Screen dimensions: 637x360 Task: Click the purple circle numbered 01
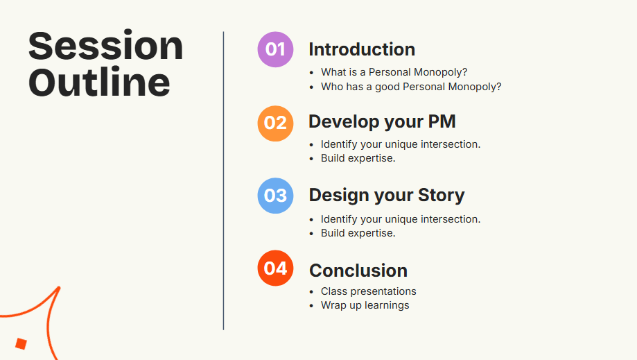point(275,49)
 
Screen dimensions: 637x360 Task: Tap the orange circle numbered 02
point(275,123)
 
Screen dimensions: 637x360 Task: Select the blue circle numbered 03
point(275,196)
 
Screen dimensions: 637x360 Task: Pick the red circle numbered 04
point(275,268)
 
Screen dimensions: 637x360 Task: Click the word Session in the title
point(105,46)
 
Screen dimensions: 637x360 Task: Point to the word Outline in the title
point(99,82)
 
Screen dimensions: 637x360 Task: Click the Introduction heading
point(362,49)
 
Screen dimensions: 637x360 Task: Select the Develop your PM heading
point(383,122)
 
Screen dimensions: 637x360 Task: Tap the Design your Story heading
point(387,195)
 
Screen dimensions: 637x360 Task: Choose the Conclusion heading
point(358,271)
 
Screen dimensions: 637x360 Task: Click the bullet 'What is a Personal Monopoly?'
point(394,72)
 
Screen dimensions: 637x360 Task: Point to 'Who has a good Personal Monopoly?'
point(411,87)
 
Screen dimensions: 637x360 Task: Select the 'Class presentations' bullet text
point(369,291)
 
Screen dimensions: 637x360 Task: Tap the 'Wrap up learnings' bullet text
point(365,305)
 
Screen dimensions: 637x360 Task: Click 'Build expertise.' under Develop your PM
point(358,158)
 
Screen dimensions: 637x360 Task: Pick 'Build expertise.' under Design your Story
point(358,233)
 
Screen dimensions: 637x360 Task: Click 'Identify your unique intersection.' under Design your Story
point(401,219)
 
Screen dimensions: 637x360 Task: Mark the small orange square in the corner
point(21,344)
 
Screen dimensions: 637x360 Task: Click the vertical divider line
point(223,181)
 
